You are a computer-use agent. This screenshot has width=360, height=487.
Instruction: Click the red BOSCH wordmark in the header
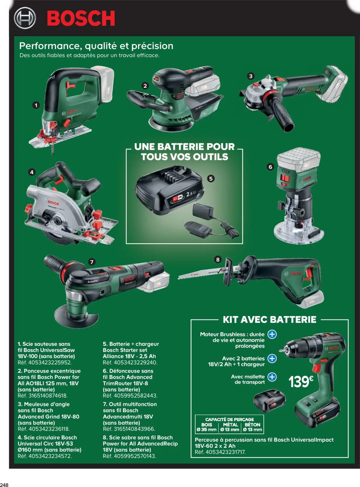coord(81,18)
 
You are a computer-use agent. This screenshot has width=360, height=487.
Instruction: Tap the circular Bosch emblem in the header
coord(25,18)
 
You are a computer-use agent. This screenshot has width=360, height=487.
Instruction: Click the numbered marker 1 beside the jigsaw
coord(36,105)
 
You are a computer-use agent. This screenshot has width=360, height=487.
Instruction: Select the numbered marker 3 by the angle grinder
coord(251,76)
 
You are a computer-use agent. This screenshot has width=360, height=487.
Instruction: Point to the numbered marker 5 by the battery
coord(211,179)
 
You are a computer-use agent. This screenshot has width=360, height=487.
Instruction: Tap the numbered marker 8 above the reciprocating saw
coord(218,260)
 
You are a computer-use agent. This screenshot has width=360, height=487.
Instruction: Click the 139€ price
coord(301,382)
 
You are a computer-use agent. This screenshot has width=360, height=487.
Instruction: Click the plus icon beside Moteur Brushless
coord(272,334)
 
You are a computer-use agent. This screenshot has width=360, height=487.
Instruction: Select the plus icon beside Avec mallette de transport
coord(272,377)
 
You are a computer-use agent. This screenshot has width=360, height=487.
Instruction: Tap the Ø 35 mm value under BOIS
coord(207,429)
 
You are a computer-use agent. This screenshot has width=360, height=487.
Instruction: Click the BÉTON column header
coord(252,425)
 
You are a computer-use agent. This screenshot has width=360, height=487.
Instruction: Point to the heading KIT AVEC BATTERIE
coord(269,320)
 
